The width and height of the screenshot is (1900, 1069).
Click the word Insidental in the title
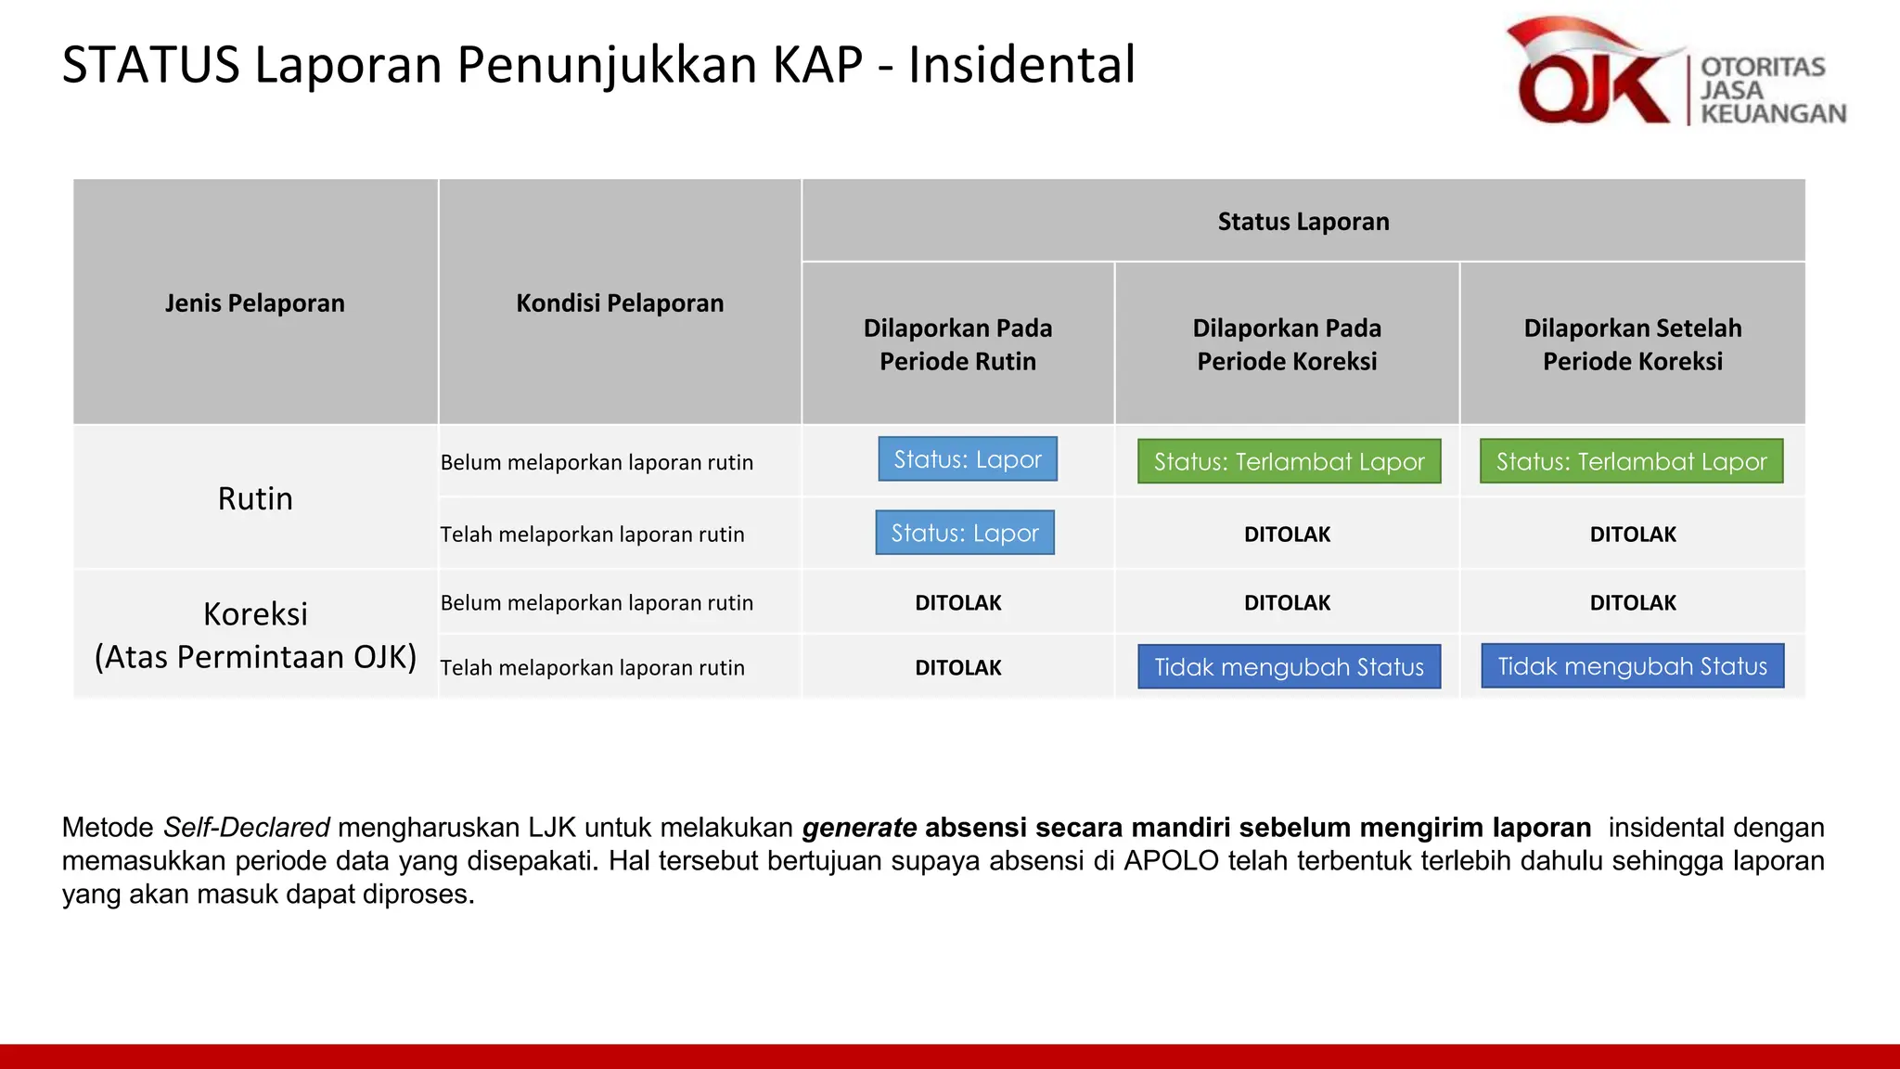(x=1021, y=66)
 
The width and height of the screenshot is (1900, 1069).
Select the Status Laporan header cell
(x=1303, y=222)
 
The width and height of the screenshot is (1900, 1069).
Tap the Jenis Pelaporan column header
(x=255, y=303)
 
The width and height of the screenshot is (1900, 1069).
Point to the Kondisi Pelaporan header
(x=620, y=303)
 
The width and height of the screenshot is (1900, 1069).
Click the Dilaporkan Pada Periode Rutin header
(x=957, y=344)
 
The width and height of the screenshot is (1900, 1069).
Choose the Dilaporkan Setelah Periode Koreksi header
(x=1632, y=344)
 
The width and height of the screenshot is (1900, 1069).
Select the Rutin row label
(x=255, y=498)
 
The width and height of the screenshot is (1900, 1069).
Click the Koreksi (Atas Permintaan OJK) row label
(x=255, y=635)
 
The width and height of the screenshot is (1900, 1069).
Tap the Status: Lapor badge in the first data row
(x=968, y=459)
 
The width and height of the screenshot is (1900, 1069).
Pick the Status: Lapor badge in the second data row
(x=965, y=533)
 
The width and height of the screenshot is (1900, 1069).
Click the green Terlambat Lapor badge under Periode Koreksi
(x=1289, y=461)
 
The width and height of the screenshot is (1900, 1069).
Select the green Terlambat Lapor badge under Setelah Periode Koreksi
(x=1631, y=461)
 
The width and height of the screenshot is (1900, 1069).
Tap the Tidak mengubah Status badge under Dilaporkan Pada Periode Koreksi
(x=1289, y=666)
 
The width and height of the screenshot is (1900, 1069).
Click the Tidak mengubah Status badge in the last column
(x=1632, y=665)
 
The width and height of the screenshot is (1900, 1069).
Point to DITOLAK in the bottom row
(x=957, y=668)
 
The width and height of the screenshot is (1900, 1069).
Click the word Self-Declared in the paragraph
(x=247, y=827)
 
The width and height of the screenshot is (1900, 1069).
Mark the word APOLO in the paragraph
(x=1171, y=860)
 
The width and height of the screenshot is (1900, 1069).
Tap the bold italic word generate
(x=859, y=827)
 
